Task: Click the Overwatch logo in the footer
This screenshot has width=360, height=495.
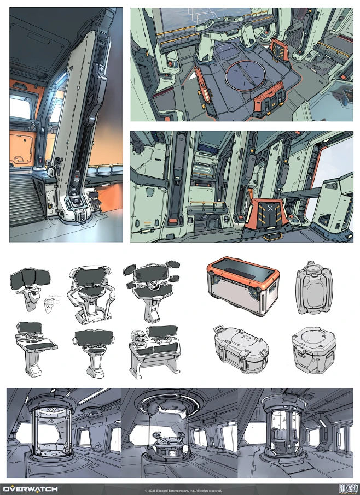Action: tap(31, 488)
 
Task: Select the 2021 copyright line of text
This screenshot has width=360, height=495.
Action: tap(183, 490)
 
